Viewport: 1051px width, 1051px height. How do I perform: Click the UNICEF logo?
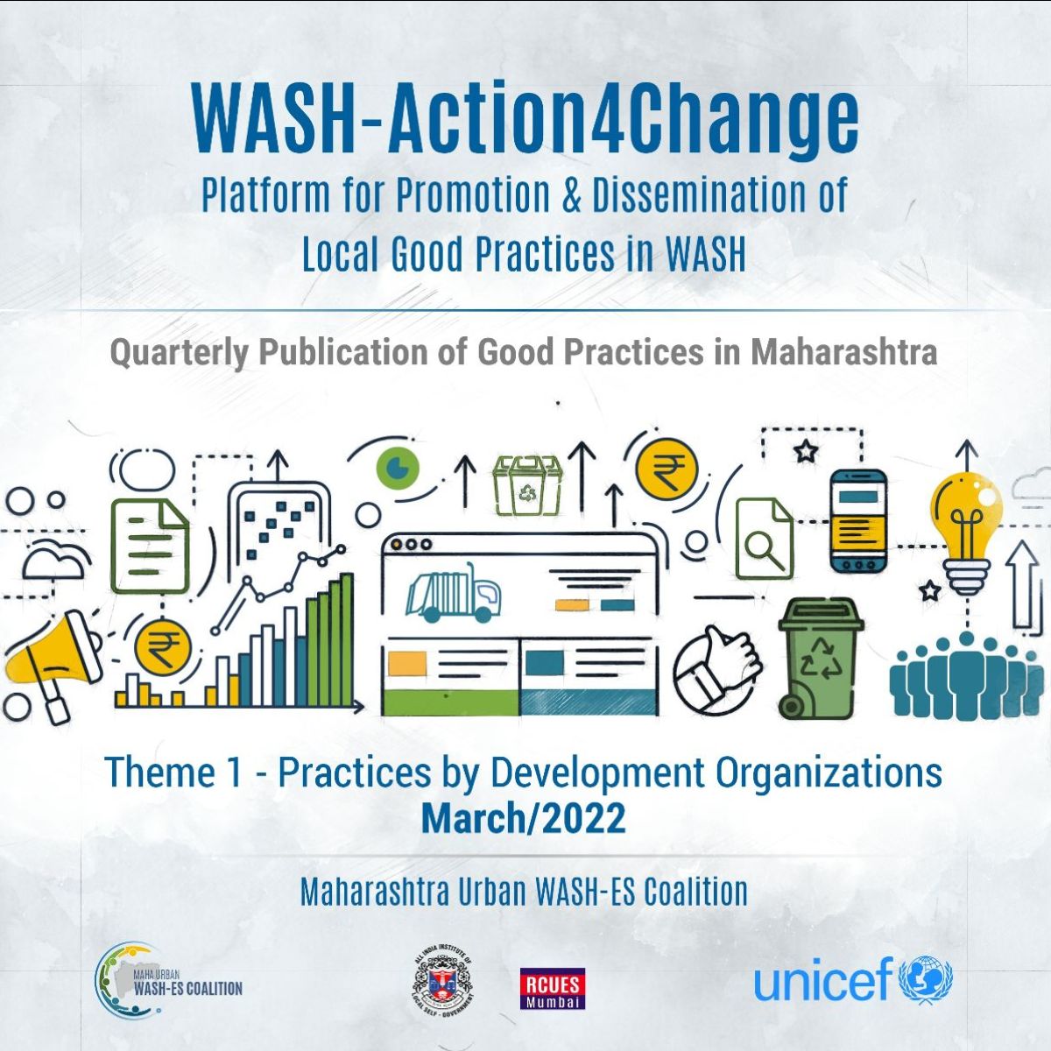[x=853, y=984]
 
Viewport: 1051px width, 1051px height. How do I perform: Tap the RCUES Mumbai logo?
[x=552, y=988]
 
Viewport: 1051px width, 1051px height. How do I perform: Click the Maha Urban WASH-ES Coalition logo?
[x=168, y=986]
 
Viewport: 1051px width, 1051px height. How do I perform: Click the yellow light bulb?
[x=966, y=530]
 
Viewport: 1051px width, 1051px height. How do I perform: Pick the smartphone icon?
[x=858, y=520]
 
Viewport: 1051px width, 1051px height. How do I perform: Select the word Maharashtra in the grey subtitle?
[x=843, y=352]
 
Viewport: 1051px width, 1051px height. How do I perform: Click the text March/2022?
[x=524, y=818]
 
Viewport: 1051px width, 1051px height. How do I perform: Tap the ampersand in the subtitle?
[x=570, y=194]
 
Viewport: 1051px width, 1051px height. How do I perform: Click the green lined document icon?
[x=150, y=547]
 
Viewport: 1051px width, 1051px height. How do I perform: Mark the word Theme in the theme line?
[x=159, y=772]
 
